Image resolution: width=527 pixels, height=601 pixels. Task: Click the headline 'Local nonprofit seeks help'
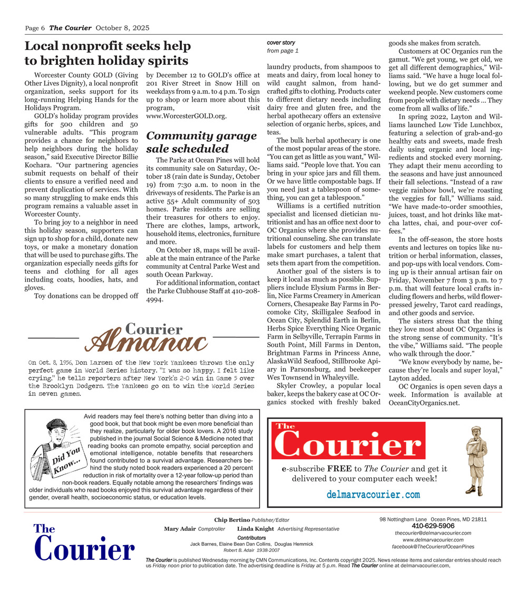(108, 46)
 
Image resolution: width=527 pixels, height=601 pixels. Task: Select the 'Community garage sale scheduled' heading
(201, 142)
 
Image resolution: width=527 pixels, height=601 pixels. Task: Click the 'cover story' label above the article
(281, 42)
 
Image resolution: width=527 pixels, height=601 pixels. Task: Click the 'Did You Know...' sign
(67, 459)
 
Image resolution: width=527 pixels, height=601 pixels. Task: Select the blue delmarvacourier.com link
(373, 495)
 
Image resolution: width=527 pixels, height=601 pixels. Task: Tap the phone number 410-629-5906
(433, 526)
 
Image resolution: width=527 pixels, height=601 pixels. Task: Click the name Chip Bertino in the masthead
(232, 520)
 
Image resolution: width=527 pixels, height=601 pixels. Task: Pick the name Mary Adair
(179, 529)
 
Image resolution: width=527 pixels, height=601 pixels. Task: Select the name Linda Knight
(255, 529)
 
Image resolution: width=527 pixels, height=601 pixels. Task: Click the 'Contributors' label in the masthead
(251, 537)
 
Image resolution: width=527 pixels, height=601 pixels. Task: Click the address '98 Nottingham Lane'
(403, 519)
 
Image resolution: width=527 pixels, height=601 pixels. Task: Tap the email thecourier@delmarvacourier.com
(433, 533)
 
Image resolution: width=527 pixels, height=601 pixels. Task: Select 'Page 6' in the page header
(35, 28)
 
